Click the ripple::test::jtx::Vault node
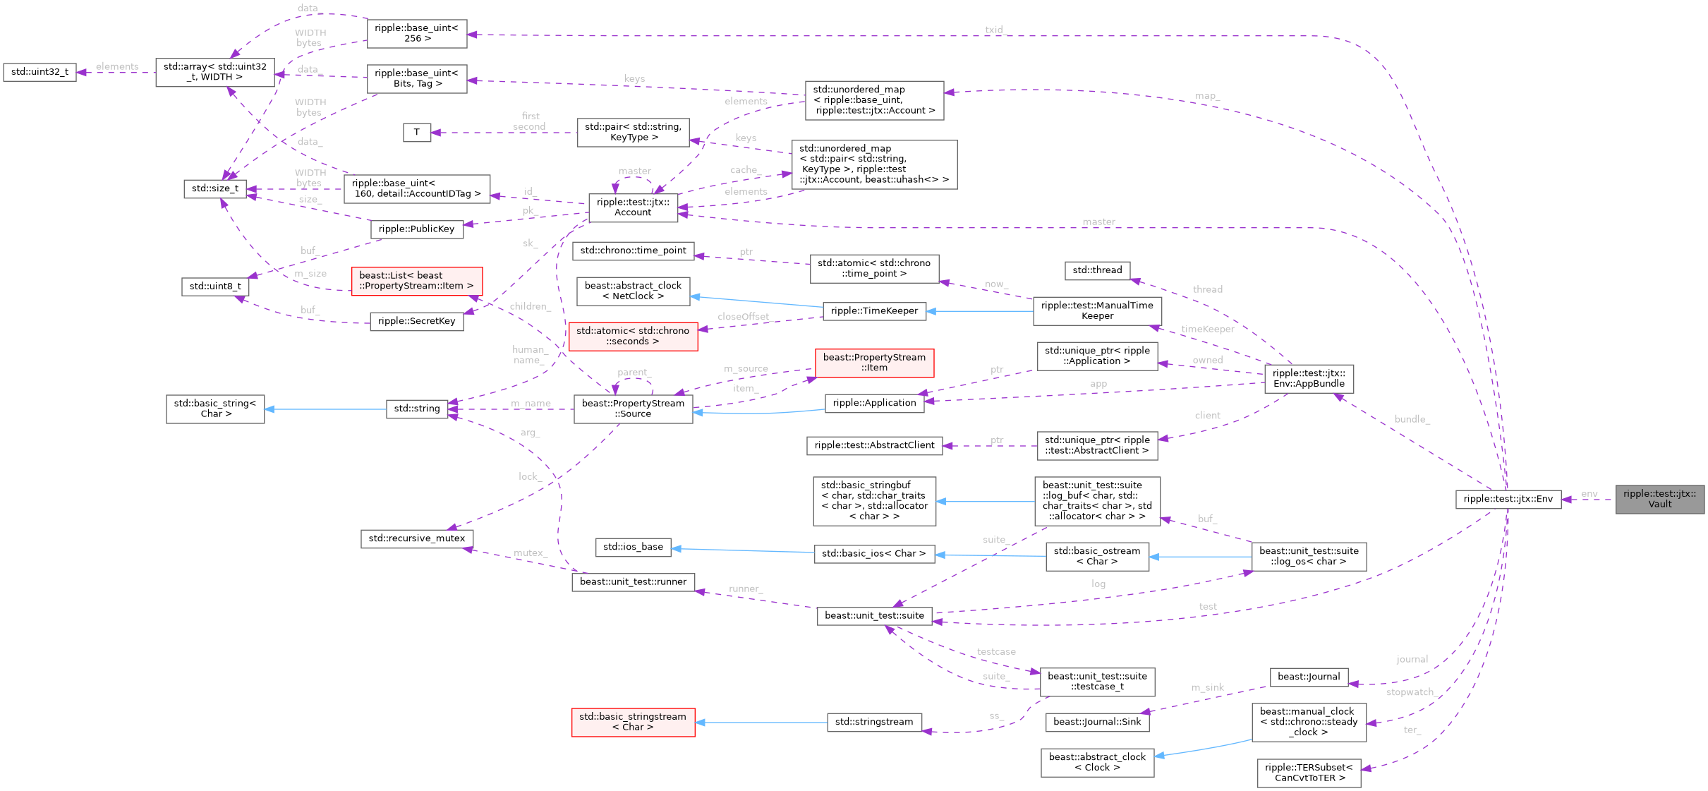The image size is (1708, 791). pyautogui.click(x=1659, y=499)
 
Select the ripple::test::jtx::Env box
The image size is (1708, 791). pyautogui.click(x=1508, y=499)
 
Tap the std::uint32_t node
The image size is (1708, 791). pyautogui.click(x=40, y=72)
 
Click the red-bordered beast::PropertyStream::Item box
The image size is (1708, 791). pyautogui.click(x=874, y=363)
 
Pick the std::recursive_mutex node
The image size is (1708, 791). pyautogui.click(x=416, y=538)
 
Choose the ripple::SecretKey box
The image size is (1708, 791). pyautogui.click(x=416, y=321)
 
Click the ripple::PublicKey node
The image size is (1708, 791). pyautogui.click(x=416, y=229)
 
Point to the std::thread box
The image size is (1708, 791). pyautogui.click(x=1096, y=270)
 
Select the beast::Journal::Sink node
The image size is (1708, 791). pyautogui.click(x=1096, y=721)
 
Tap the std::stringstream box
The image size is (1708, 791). pyautogui.click(x=873, y=722)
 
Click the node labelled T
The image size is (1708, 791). pyautogui.click(x=417, y=132)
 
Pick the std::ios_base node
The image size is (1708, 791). pyautogui.click(x=633, y=547)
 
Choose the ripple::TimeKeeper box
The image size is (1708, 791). pyautogui.click(x=874, y=310)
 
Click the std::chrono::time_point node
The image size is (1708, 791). pyautogui.click(x=633, y=250)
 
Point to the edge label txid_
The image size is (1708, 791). pyautogui.click(x=995, y=30)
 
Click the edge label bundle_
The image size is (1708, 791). pyautogui.click(x=1412, y=419)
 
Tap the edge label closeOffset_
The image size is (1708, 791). pyautogui.click(x=744, y=317)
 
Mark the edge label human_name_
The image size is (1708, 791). pyautogui.click(x=528, y=355)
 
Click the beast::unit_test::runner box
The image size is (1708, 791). pyautogui.click(x=633, y=582)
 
